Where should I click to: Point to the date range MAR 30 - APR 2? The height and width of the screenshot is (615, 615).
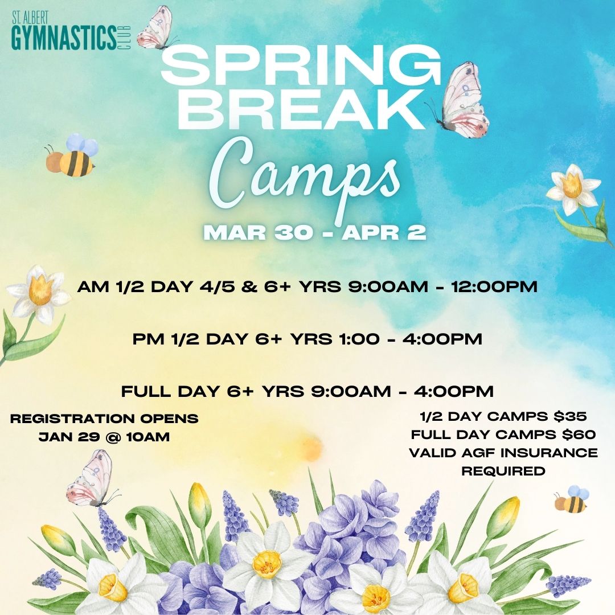pos(315,233)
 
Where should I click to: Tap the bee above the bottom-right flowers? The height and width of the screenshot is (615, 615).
pos(571,499)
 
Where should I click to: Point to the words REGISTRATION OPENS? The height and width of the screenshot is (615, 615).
pos(105,419)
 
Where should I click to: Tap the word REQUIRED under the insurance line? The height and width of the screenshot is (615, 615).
pos(503,471)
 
